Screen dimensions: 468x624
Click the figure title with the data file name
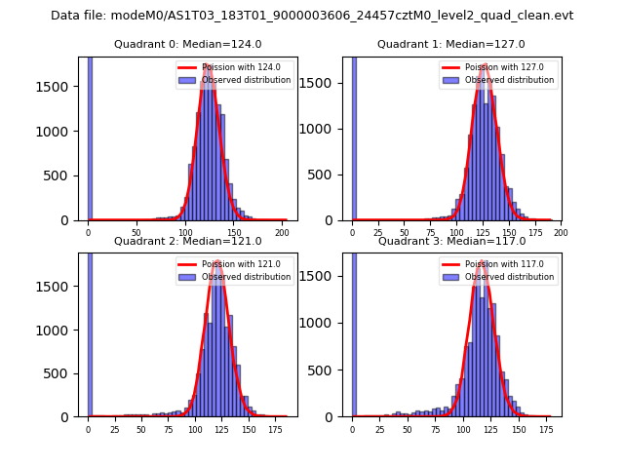coord(312,16)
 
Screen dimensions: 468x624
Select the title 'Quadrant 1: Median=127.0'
coord(450,44)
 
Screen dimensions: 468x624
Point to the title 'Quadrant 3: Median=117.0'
coord(450,241)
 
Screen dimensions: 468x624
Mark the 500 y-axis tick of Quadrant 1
coord(330,175)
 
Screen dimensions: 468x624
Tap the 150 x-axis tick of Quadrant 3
coord(518,428)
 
